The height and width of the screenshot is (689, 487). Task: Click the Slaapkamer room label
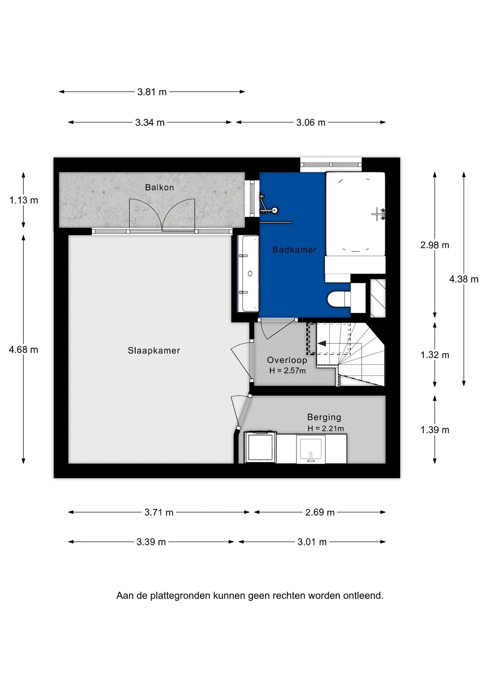(x=154, y=351)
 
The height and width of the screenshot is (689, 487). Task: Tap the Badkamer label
(x=294, y=250)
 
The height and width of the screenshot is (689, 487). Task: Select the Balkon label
(x=159, y=187)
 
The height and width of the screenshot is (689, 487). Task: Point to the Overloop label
(x=287, y=360)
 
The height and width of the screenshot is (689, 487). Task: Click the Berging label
(x=324, y=417)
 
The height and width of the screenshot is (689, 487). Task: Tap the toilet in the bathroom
(x=339, y=299)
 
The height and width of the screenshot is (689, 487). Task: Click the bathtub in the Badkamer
(x=355, y=214)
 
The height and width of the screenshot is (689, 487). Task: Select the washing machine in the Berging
(x=260, y=447)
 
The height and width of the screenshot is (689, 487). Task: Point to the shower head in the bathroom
(x=275, y=211)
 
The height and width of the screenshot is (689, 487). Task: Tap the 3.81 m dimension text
(x=152, y=92)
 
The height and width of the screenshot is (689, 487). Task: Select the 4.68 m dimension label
(x=23, y=350)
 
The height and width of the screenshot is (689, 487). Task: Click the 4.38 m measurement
(x=464, y=279)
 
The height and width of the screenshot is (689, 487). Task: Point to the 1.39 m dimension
(x=435, y=430)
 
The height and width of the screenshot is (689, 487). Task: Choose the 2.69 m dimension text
(x=320, y=512)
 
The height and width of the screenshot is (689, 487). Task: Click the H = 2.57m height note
(x=287, y=371)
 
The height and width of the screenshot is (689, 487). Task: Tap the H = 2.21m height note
(x=325, y=428)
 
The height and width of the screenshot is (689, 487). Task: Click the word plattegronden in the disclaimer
(x=180, y=596)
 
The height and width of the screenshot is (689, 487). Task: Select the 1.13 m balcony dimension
(x=24, y=200)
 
